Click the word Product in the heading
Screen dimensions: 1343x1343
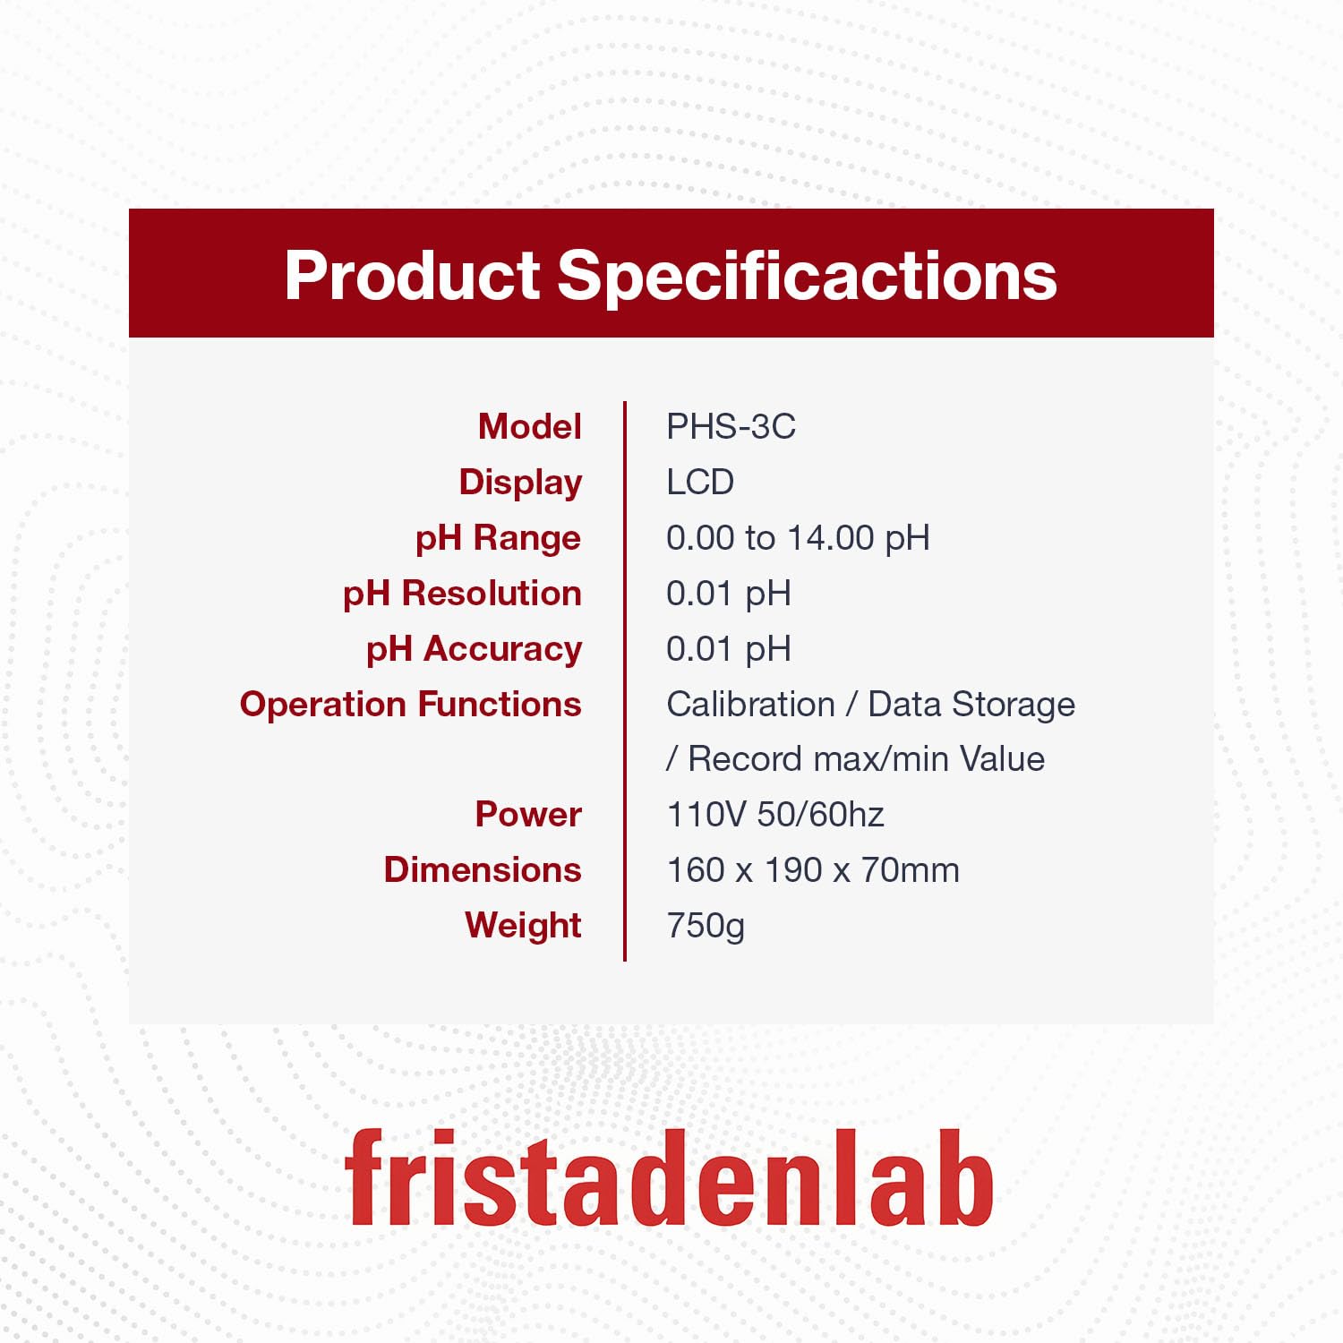click(413, 275)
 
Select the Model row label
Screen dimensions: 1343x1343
click(530, 426)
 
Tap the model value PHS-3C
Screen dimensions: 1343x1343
click(731, 427)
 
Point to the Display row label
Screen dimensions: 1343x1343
click(520, 483)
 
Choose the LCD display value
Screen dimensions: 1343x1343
click(700, 483)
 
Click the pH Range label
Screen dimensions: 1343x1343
click(498, 539)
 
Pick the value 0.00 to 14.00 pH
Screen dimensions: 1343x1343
click(798, 539)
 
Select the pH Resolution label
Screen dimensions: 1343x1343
click(462, 595)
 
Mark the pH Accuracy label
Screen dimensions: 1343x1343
click(474, 650)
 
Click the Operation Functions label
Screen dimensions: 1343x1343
click(410, 705)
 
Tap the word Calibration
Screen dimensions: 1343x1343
click(750, 705)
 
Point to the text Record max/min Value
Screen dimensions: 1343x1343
click(866, 759)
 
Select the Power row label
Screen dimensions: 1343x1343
click(528, 815)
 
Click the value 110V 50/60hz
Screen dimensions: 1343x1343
click(775, 815)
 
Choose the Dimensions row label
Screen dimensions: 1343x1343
click(483, 870)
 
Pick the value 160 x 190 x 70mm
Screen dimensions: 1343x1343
click(813, 870)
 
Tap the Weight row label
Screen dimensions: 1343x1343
click(523, 927)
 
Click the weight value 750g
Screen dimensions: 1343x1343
click(706, 927)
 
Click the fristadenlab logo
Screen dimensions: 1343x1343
click(670, 1177)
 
